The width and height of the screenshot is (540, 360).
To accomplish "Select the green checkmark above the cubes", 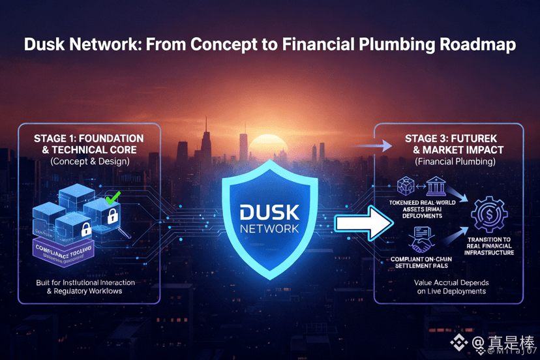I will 113,197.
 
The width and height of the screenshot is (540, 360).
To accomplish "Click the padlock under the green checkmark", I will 112,216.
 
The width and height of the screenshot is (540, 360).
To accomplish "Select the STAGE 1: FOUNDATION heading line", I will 89,139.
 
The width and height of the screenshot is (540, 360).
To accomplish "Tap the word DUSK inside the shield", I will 269,213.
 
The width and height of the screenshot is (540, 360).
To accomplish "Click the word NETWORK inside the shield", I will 269,229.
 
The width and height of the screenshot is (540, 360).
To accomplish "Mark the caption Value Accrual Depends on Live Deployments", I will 451,287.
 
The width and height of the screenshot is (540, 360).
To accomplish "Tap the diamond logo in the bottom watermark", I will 462,342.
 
